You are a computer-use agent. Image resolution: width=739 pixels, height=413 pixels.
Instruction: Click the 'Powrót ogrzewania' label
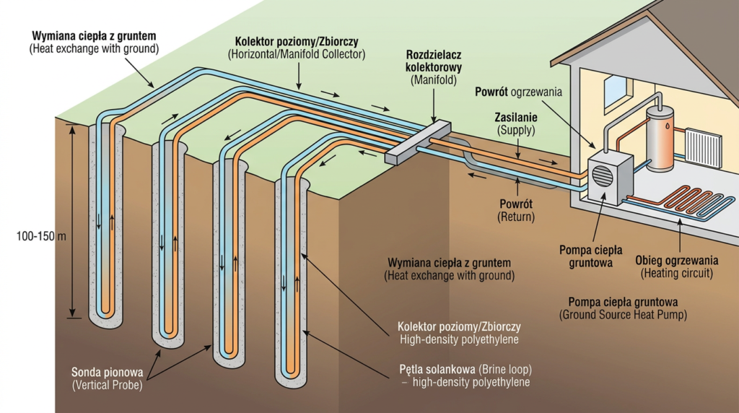(519, 92)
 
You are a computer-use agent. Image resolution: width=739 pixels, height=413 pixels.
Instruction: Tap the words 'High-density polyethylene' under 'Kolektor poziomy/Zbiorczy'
(459, 339)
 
